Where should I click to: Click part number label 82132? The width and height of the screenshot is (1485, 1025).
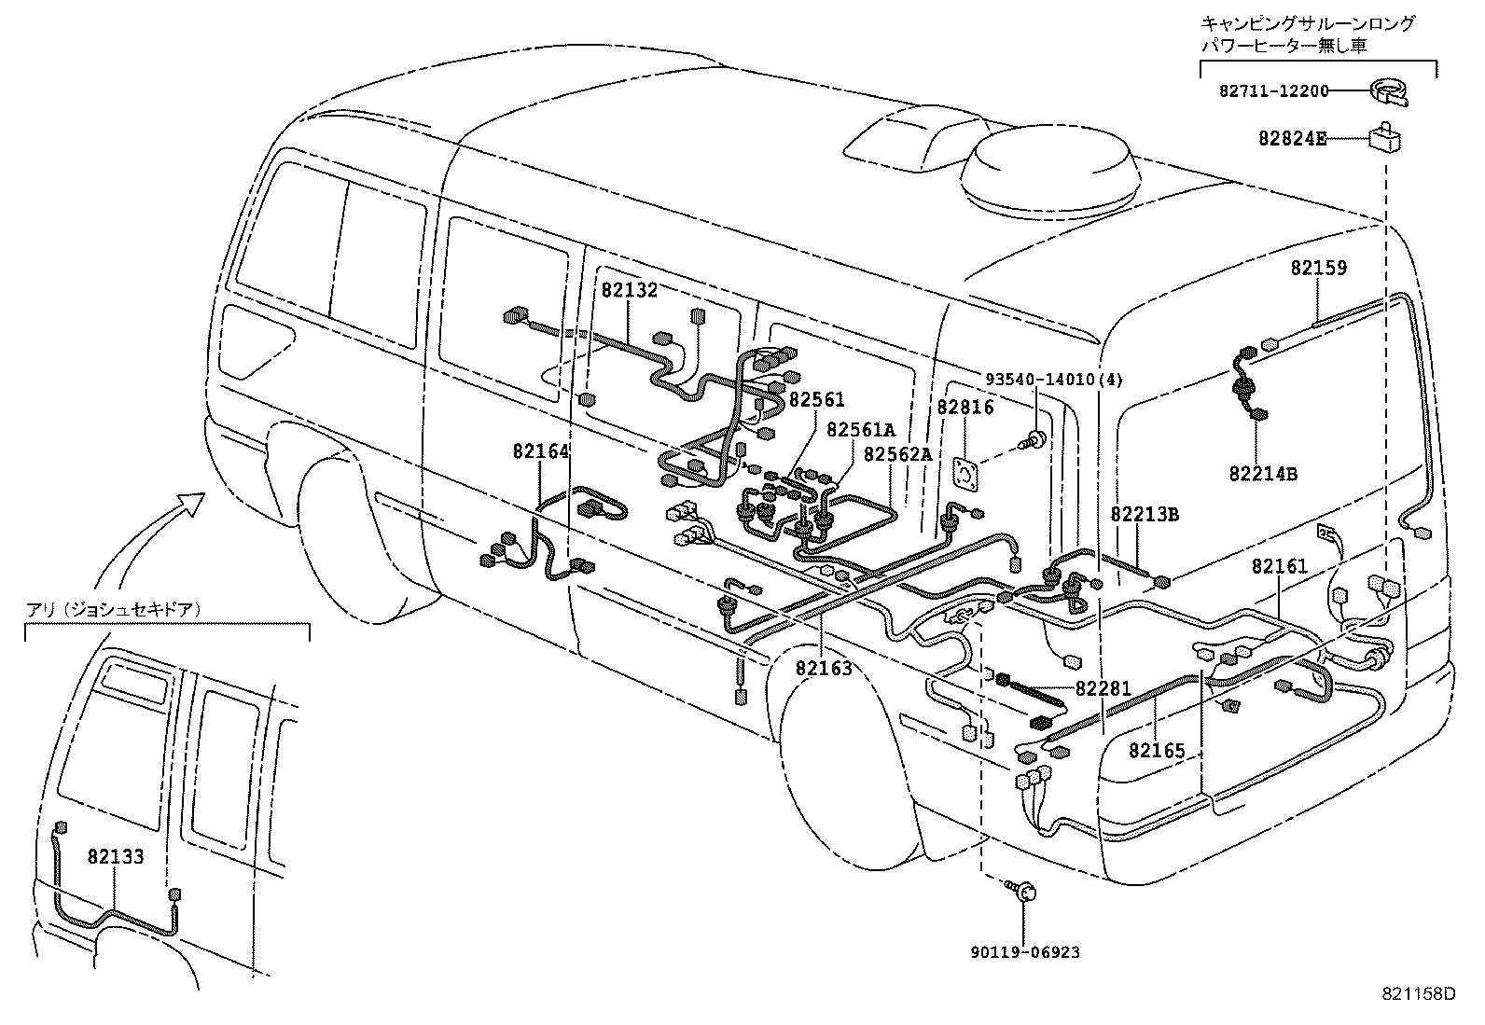(630, 290)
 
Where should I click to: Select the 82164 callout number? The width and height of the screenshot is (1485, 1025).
(540, 451)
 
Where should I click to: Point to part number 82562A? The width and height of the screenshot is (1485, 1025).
(897, 454)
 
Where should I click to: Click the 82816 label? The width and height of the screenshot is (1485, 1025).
(965, 408)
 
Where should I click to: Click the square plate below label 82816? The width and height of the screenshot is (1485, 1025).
(965, 473)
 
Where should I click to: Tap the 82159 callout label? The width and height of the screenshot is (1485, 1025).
(1319, 268)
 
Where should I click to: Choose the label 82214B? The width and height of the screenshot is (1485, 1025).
(1263, 473)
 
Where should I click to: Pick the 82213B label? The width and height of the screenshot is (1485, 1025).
(1145, 515)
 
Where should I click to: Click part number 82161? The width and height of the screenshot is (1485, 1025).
(1280, 566)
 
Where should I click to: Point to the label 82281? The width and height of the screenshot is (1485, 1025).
(1103, 689)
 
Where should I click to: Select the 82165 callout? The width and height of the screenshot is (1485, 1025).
(1157, 750)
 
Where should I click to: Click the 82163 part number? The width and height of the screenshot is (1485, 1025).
(825, 668)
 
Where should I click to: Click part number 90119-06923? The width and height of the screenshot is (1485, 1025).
(1024, 952)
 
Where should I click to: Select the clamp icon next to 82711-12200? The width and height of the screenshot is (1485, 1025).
(1389, 91)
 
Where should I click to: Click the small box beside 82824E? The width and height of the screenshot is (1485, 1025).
(1385, 137)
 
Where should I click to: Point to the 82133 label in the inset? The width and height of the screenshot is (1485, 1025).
(117, 856)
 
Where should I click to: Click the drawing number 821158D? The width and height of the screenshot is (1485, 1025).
(1419, 994)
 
